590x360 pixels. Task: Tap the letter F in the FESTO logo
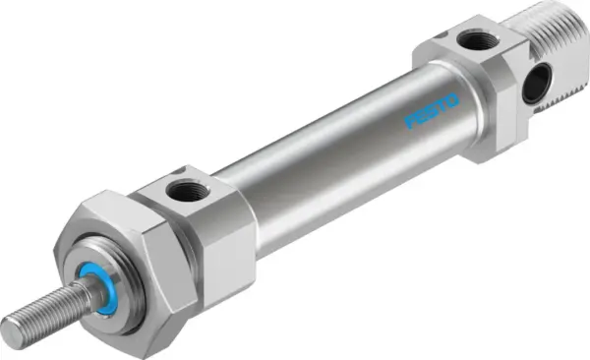411,122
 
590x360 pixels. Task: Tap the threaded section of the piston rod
44,311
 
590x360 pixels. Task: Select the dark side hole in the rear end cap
535,85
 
